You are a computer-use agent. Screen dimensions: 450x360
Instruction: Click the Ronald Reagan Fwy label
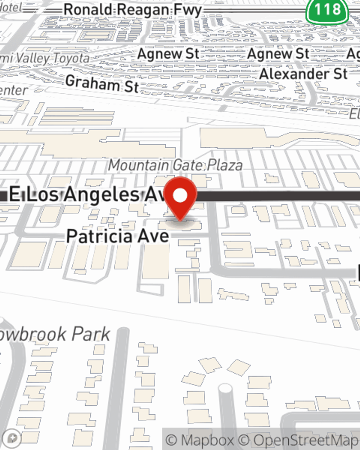(x=132, y=10)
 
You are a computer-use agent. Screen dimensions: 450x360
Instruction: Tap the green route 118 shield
(x=327, y=10)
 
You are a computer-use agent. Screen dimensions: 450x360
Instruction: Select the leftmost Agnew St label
(x=168, y=54)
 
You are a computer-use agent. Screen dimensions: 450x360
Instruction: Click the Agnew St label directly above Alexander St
(x=278, y=54)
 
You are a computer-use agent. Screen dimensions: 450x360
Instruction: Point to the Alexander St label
(x=303, y=74)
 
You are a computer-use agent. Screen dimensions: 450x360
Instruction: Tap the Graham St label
(x=102, y=84)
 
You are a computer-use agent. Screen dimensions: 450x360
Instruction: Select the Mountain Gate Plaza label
(x=175, y=165)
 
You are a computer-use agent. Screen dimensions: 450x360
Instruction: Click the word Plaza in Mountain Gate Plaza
(x=225, y=165)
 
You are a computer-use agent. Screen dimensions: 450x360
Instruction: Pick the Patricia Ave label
(x=117, y=236)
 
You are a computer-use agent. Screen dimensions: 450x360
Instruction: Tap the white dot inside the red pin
(x=180, y=196)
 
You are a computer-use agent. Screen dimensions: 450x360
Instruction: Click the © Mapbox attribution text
(x=200, y=440)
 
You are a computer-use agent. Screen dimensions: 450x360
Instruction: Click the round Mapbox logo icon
(x=12, y=438)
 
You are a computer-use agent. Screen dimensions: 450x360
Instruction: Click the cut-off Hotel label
(x=11, y=7)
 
